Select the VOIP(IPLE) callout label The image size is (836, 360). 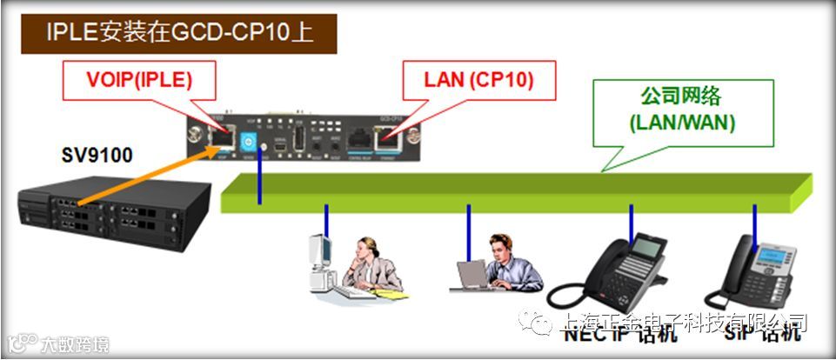(139, 81)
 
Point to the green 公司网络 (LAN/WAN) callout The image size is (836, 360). (681, 110)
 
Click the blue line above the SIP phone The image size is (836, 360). (754, 222)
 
